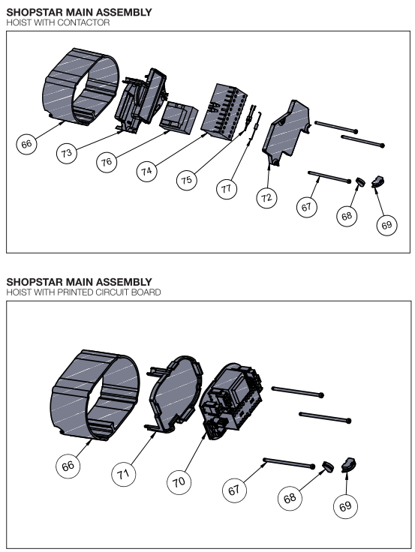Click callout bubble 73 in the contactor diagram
(x=67, y=153)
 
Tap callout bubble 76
(x=107, y=162)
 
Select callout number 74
(x=146, y=172)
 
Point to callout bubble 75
(x=186, y=180)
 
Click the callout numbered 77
(x=227, y=189)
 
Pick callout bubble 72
(x=266, y=198)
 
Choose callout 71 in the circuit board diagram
(x=123, y=474)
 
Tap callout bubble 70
(x=179, y=482)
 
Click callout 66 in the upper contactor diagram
(x=26, y=144)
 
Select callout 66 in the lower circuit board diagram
(x=68, y=466)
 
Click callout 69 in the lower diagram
(x=345, y=506)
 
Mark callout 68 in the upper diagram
(x=347, y=216)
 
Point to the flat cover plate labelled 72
(x=286, y=133)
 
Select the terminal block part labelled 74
(x=224, y=112)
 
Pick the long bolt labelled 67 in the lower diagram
(x=289, y=463)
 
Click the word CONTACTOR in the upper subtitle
(x=83, y=22)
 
